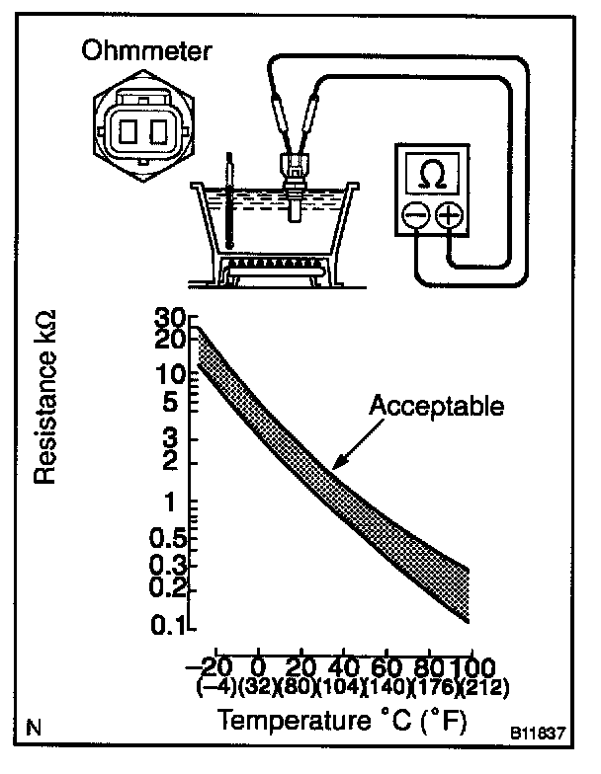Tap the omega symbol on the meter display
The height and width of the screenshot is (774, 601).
click(431, 174)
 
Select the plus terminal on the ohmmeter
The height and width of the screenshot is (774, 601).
click(449, 214)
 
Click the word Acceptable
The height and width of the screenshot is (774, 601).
click(437, 405)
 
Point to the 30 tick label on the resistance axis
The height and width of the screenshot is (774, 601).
click(170, 319)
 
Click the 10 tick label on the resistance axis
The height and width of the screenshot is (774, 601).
click(171, 375)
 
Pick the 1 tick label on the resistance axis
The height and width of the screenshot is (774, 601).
click(179, 503)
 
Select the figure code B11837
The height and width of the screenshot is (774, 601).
click(538, 735)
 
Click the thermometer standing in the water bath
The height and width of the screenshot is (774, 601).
click(229, 202)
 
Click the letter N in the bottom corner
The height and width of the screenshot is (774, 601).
click(35, 731)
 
